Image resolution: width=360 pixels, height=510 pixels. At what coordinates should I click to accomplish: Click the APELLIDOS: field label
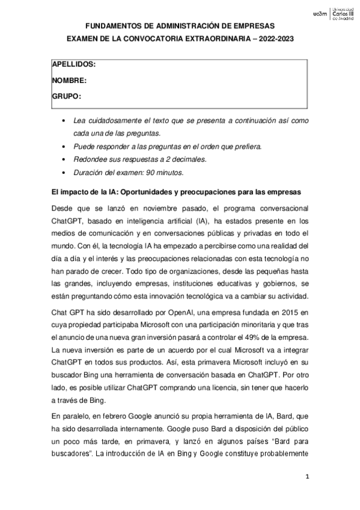click(x=74, y=64)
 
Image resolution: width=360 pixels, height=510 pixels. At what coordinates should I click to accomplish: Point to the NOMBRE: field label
click(x=70, y=80)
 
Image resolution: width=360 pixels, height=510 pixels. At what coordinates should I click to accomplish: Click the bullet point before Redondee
click(x=64, y=159)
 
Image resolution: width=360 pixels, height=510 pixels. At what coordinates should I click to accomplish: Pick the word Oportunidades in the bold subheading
click(x=148, y=192)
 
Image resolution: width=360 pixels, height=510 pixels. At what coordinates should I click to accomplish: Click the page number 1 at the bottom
click(x=307, y=478)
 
